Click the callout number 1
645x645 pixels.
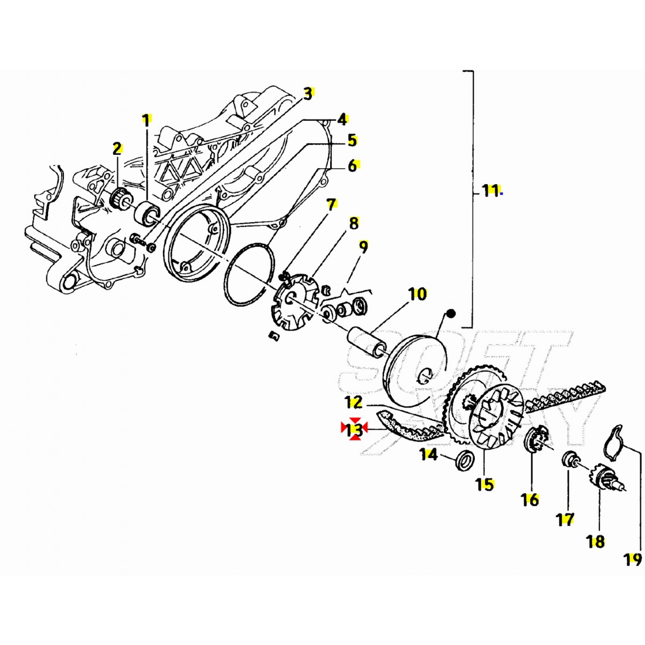(x=145, y=121)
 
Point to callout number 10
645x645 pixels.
(x=417, y=294)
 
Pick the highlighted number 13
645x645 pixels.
(x=354, y=430)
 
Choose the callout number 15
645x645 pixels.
(x=485, y=484)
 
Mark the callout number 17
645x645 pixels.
(x=565, y=519)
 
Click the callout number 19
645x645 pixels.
(x=632, y=560)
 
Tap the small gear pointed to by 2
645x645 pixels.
(x=120, y=198)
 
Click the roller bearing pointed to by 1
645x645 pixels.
(x=148, y=212)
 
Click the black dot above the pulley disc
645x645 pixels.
(x=450, y=314)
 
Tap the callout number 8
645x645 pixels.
(x=354, y=223)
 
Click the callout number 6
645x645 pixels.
(x=352, y=166)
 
